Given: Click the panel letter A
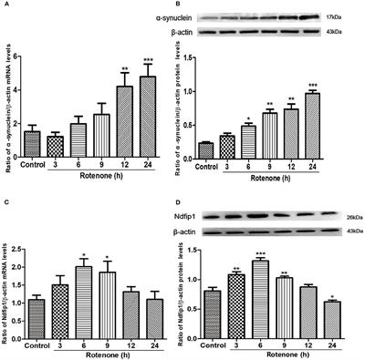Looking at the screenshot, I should (x=6, y=6).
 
